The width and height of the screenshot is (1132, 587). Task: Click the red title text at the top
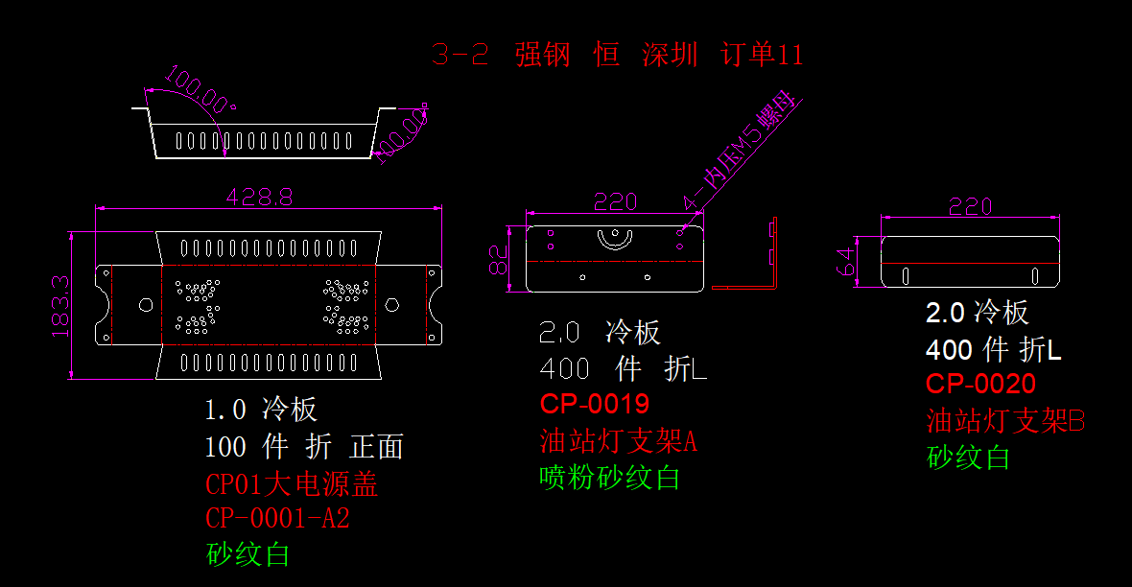(617, 55)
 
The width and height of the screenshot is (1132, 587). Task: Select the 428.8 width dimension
(259, 197)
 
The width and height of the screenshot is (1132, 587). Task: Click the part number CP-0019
(594, 403)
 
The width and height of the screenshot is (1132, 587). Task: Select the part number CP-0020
(980, 384)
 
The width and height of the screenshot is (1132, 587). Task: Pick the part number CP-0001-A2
(277, 519)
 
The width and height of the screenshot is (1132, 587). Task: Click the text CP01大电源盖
(292, 483)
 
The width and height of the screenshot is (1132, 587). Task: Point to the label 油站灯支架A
(618, 440)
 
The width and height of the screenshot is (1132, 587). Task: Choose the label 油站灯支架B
(1005, 420)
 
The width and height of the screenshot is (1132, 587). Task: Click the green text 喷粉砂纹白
(610, 477)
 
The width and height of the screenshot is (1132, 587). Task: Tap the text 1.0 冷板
(260, 410)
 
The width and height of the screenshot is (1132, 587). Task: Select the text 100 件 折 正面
(304, 446)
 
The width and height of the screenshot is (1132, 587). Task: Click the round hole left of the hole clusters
(146, 304)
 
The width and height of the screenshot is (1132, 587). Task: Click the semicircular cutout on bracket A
(615, 239)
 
